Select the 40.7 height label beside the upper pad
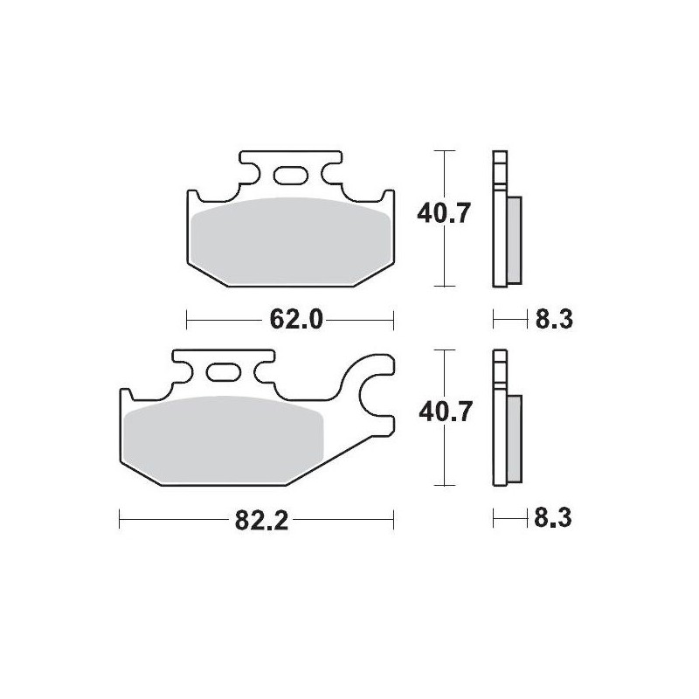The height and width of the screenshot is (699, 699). pyautogui.click(x=445, y=213)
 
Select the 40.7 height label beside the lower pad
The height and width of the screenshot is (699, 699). pyautogui.click(x=445, y=412)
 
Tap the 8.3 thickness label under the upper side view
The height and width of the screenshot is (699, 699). pyautogui.click(x=552, y=320)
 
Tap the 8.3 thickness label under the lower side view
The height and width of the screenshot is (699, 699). pyautogui.click(x=552, y=521)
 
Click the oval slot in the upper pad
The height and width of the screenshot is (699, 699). pyautogui.click(x=291, y=176)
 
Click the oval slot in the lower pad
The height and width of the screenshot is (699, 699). pyautogui.click(x=223, y=372)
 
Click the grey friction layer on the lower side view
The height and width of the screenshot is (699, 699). pyautogui.click(x=514, y=437)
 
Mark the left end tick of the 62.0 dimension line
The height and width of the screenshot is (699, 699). pyautogui.click(x=188, y=320)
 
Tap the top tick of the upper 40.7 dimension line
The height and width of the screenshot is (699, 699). pyautogui.click(x=446, y=151)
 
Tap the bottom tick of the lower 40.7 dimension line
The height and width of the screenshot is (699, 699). pyautogui.click(x=446, y=486)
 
